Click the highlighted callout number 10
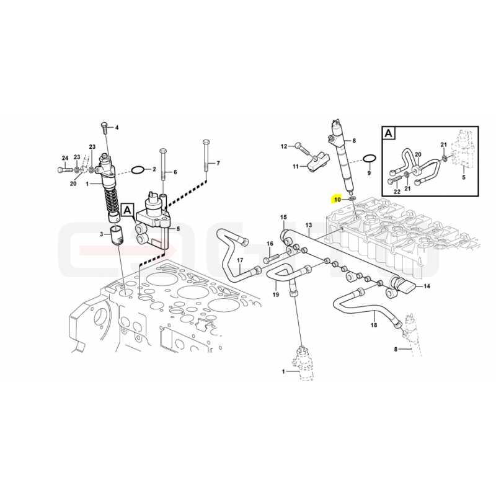point(337,200)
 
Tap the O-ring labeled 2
point(138,170)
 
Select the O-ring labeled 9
point(369,159)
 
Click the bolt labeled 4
point(105,128)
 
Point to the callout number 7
point(218,163)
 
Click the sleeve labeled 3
point(118,236)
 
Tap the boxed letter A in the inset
point(389,133)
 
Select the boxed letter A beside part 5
point(127,210)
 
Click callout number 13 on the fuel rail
point(309,225)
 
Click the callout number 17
point(240,260)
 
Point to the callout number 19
point(276,294)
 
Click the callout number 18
point(374,325)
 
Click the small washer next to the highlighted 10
point(352,198)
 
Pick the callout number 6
point(175,172)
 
